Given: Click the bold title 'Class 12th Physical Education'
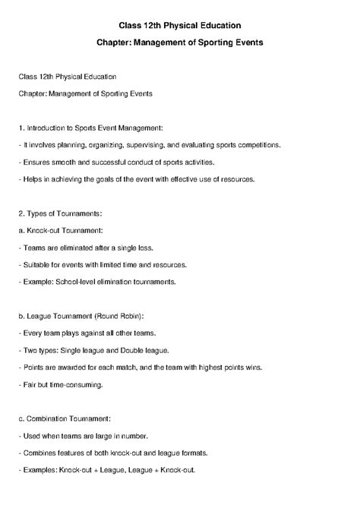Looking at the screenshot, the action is (179, 26).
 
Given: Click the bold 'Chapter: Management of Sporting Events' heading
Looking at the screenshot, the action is (179, 43).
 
